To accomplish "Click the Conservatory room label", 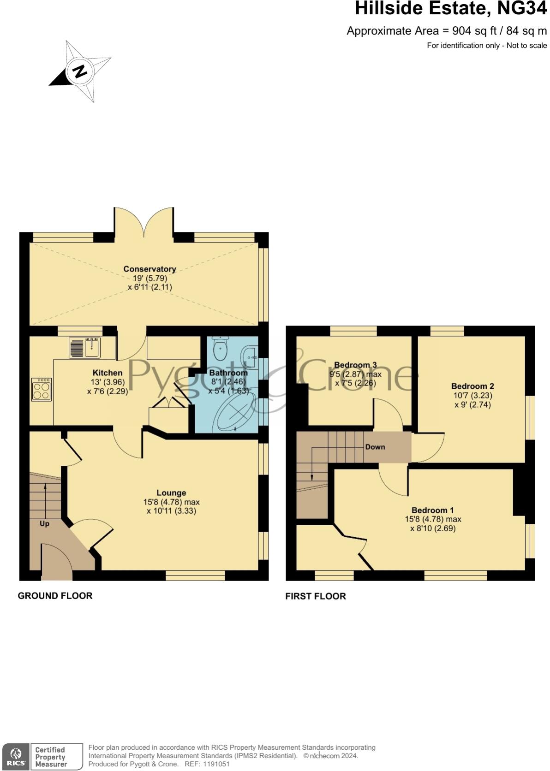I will pyautogui.click(x=149, y=269).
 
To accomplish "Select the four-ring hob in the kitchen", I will pyautogui.click(x=41, y=390).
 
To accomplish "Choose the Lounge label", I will pyautogui.click(x=171, y=493).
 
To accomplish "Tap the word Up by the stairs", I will pyautogui.click(x=44, y=524).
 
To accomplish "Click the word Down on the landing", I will pyautogui.click(x=375, y=447).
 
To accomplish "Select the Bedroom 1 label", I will pyautogui.click(x=432, y=510).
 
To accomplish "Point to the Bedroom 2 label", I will pyautogui.click(x=472, y=386).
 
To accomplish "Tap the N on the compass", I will pyautogui.click(x=80, y=71).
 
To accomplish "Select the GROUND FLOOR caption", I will pyautogui.click(x=55, y=596).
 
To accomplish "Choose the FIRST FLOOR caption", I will pyautogui.click(x=316, y=596).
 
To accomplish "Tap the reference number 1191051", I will pyautogui.click(x=214, y=764).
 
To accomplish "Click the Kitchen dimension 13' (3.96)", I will pyautogui.click(x=108, y=382).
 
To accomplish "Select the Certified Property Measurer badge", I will pyautogui.click(x=51, y=757).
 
